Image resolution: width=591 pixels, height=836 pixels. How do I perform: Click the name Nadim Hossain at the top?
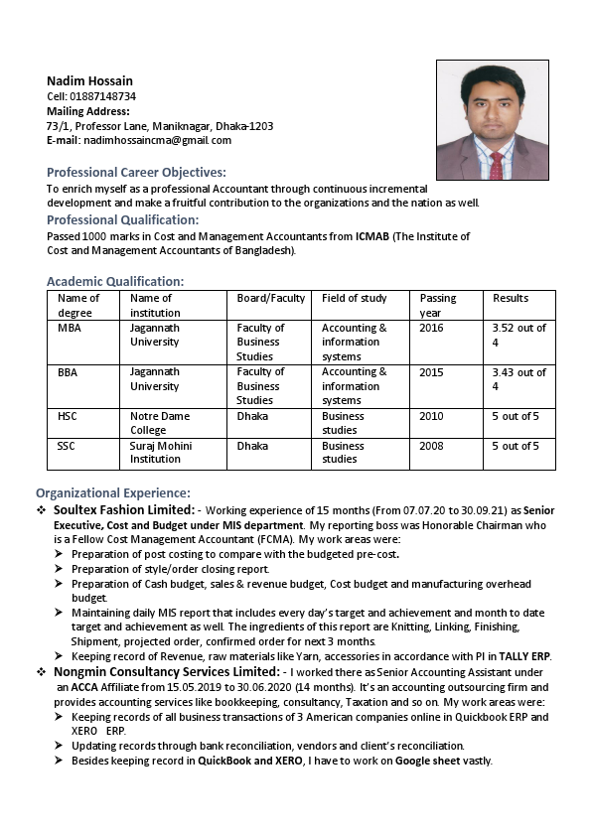89,80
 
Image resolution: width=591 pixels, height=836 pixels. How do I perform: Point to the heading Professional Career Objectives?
136,172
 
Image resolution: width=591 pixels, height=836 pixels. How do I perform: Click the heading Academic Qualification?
114,281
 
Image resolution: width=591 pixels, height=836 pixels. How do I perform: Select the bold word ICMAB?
373,236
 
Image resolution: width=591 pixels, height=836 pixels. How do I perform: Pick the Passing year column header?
438,305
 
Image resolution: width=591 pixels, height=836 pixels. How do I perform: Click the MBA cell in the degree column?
70,328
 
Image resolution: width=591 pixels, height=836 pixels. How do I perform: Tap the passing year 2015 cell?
431,372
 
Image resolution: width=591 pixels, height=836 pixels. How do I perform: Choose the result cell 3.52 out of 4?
518,335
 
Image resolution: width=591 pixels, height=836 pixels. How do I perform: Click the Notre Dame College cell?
159,423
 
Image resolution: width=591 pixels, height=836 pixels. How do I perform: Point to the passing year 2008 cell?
431,446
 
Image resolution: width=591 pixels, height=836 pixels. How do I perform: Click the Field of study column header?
354,298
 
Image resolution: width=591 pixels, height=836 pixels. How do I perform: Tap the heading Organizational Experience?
112,492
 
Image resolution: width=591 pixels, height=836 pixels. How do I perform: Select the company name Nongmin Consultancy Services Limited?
168,672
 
